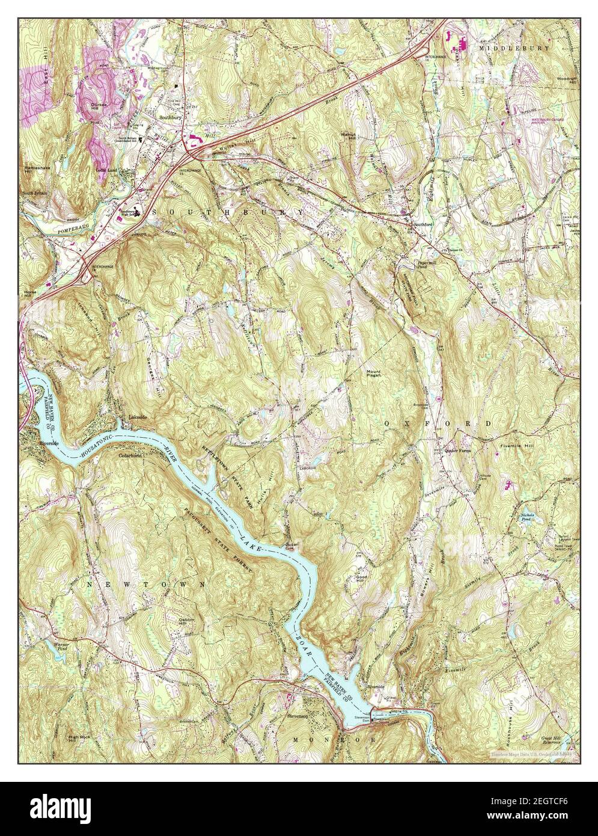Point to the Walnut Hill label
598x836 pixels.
(349, 135)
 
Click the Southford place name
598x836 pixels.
(423, 225)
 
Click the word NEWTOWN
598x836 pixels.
(126, 584)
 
